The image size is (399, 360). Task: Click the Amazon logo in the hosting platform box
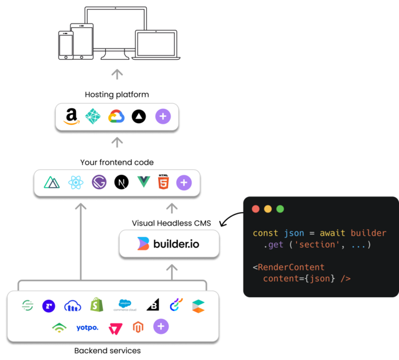pos(72,116)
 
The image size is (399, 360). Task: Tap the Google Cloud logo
pos(116,116)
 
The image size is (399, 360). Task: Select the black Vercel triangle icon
pos(139,116)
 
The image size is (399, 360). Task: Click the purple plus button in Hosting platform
pos(163,116)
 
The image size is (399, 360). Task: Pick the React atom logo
pos(76,182)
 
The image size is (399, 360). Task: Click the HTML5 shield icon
pos(163,182)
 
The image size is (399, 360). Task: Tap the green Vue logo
pos(144,182)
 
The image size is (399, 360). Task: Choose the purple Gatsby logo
pos(99,182)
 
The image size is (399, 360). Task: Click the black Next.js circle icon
pos(121,182)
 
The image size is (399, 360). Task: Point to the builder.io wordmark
pos(176,244)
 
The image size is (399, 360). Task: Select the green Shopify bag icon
pos(96,305)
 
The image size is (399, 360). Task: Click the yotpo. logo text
pos(87,328)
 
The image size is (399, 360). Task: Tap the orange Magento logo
pos(138,327)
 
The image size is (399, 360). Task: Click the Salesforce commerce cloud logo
pos(125,305)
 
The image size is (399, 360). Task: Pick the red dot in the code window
pos(255,209)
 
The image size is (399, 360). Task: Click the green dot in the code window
pos(280,209)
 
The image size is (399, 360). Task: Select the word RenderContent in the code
pos(291,267)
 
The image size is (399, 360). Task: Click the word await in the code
pos(332,233)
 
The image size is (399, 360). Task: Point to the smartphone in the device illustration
pos(65,45)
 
